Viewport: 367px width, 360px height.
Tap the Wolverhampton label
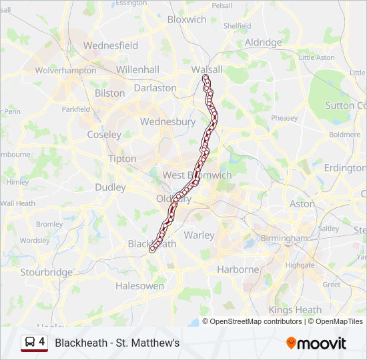point(66,70)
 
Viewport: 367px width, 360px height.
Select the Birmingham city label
point(284,238)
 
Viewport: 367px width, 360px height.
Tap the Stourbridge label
point(46,272)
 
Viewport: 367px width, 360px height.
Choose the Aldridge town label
point(263,43)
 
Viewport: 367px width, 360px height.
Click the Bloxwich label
point(187,19)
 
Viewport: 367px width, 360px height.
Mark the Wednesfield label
point(110,45)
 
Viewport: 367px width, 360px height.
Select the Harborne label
point(238,269)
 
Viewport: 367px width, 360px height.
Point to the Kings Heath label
point(295,310)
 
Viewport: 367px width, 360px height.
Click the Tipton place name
point(121,159)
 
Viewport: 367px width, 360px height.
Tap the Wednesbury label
point(167,122)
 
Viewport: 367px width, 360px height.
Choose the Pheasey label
point(284,118)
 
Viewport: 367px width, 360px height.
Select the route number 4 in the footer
point(42,342)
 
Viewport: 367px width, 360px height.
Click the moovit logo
point(316,343)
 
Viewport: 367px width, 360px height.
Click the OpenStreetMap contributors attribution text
point(256,321)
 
